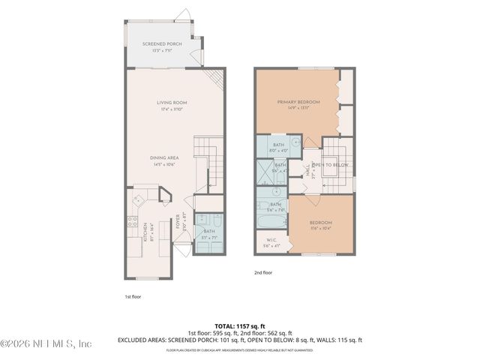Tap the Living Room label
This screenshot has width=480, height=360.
(x=172, y=103)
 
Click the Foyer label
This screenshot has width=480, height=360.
(x=178, y=222)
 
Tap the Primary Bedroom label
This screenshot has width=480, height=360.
(x=298, y=102)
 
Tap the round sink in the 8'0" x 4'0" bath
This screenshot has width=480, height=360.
(x=296, y=140)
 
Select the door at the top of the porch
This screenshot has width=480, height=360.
(x=184, y=15)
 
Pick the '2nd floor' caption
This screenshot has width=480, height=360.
(x=262, y=273)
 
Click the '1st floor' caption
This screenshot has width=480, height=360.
(x=133, y=296)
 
